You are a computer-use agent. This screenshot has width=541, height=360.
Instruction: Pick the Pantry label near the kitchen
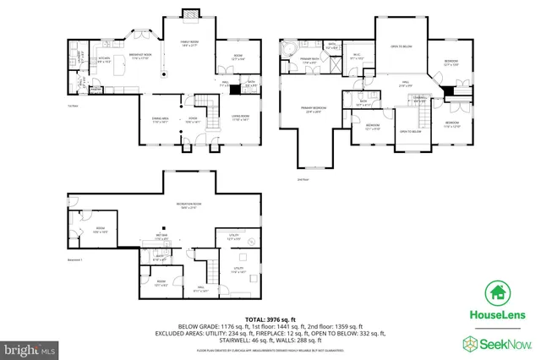pos(96,89)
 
